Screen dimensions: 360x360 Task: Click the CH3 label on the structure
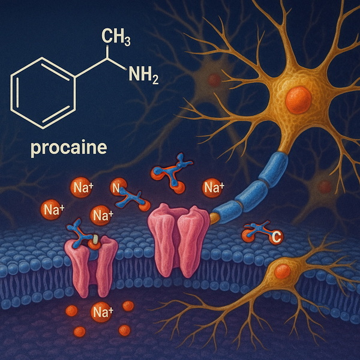[x=117, y=37]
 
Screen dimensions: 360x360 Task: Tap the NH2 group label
[x=143, y=76]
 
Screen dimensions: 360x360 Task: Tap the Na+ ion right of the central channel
[x=212, y=188]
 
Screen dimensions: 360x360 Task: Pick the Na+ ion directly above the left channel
[x=100, y=215]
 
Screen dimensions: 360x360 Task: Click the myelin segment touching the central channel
[x=226, y=207]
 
